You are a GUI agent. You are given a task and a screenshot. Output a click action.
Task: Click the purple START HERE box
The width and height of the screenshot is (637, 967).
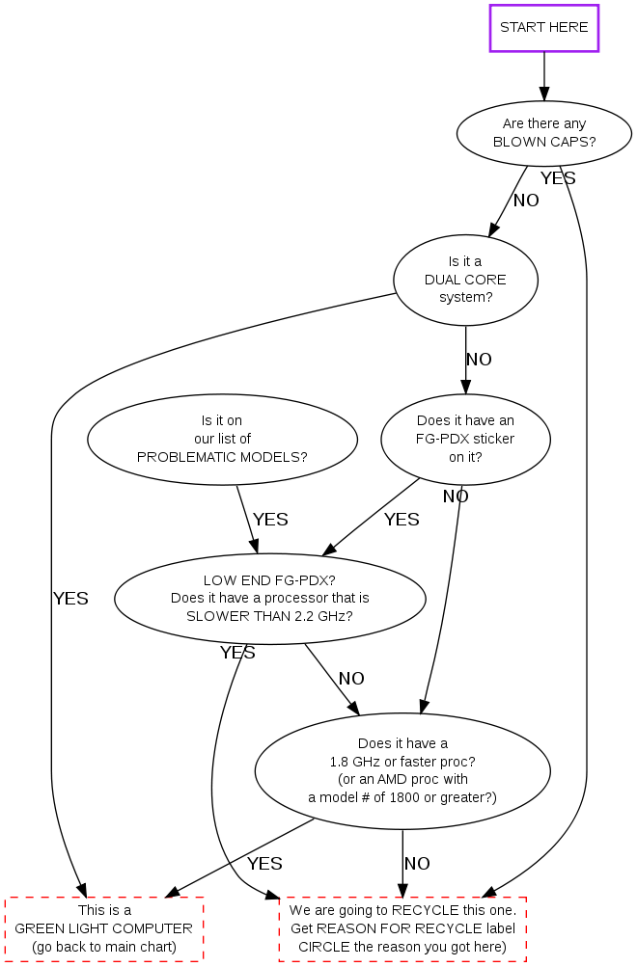click(544, 28)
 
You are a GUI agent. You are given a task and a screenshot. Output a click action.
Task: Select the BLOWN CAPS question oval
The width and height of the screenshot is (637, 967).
click(544, 133)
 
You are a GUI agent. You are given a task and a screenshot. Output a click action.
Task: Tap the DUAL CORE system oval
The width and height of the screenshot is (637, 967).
click(465, 280)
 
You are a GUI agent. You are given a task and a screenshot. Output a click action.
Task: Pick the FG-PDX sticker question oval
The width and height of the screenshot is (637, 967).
click(465, 439)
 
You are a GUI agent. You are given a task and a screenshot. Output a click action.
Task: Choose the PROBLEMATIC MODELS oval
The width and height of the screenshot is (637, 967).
click(222, 439)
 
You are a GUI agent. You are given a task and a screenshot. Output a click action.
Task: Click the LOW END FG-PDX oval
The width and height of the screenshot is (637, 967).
click(270, 599)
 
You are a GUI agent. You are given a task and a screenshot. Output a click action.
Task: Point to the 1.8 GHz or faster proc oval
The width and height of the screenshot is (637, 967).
click(402, 770)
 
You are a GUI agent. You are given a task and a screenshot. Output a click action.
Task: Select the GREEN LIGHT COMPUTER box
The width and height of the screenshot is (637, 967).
click(104, 928)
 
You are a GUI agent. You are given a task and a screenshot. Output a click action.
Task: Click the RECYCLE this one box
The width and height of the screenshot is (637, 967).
click(402, 928)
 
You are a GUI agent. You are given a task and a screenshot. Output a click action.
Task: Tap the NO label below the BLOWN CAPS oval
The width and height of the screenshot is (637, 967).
click(526, 201)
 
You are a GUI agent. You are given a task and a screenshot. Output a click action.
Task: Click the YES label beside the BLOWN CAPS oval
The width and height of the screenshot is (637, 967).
click(558, 178)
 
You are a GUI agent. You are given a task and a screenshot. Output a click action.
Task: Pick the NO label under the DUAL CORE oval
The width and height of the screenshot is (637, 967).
click(479, 360)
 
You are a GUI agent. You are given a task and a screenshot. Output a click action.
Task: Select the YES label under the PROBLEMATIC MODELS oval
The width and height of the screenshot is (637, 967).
click(270, 520)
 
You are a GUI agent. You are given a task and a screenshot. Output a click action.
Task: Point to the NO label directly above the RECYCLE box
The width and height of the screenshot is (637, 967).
click(417, 863)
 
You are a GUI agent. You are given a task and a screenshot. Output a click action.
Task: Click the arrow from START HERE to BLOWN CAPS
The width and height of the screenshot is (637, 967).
click(544, 75)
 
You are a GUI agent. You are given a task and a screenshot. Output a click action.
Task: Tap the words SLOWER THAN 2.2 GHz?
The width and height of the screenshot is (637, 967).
click(270, 616)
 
